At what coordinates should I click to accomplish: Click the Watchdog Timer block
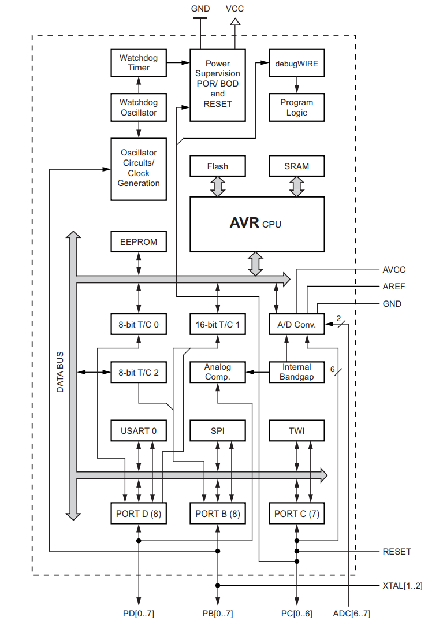pos(139,63)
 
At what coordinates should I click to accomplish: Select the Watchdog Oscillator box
pos(139,107)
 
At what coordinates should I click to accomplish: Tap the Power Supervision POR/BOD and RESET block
pos(217,84)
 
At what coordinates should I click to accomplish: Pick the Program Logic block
pos(297,107)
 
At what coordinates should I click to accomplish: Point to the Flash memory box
pos(217,166)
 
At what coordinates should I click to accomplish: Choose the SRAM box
pos(297,166)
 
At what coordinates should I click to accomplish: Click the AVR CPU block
pos(257,224)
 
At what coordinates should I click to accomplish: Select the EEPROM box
pos(139,242)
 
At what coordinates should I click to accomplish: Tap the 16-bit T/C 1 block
pos(217,325)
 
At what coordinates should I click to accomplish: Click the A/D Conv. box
pos(297,325)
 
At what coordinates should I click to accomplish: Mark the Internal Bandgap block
pos(297,372)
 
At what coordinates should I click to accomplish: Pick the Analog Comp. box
pos(217,372)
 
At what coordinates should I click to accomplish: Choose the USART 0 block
pos(139,431)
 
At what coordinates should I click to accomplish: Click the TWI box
pos(297,431)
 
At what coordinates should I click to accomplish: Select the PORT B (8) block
pos(217,514)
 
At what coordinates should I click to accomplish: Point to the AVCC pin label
pos(394,270)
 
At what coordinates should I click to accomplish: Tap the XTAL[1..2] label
pos(403,586)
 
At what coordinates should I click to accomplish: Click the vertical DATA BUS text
pos(60,372)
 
